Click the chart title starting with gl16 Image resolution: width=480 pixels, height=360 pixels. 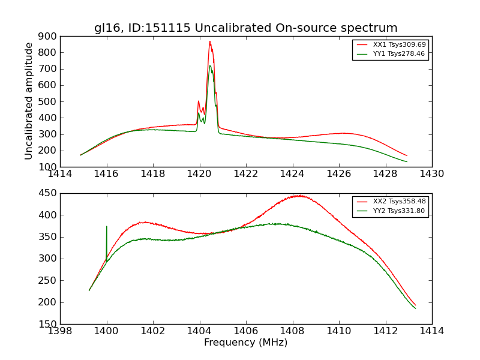tap(245, 28)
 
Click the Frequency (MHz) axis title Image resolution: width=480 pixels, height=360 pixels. tap(245, 343)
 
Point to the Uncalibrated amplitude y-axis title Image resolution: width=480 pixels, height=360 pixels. tap(29, 101)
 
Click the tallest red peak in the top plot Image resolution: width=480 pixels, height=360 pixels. tap(210, 41)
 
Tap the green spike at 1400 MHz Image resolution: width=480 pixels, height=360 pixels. tap(107, 227)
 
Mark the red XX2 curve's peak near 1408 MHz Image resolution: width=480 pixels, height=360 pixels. tap(298, 196)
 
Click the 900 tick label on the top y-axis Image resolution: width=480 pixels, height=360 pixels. tap(47, 36)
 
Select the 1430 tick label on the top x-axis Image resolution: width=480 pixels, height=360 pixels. tap(431, 174)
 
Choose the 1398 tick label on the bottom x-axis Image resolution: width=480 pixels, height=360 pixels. tap(61, 331)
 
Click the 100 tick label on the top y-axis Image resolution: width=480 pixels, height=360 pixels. tap(47, 167)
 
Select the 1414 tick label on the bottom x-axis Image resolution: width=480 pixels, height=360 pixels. tap(431, 331)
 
